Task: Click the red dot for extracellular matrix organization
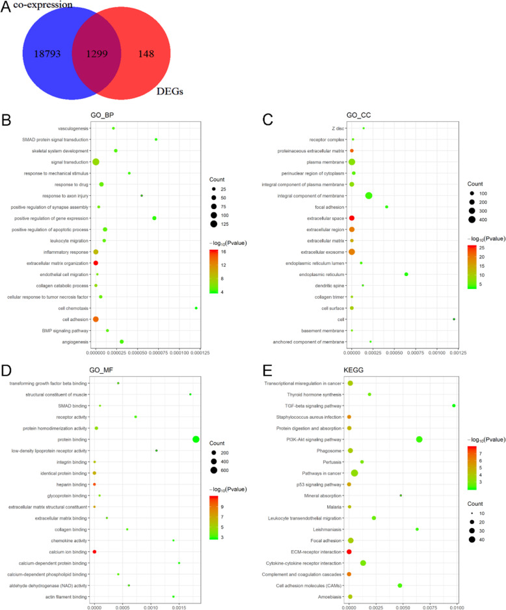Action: pyautogui.click(x=96, y=263)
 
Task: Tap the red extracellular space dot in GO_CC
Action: pyautogui.click(x=352, y=218)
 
